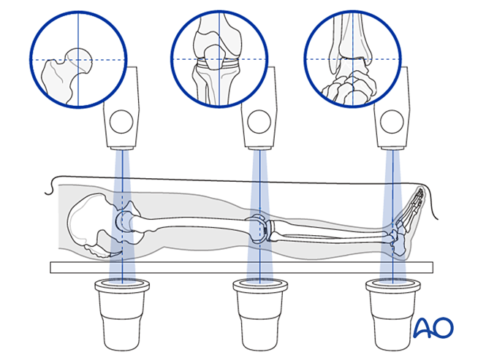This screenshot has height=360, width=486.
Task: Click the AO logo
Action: tap(434, 329)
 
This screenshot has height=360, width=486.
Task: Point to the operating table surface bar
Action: tap(241, 268)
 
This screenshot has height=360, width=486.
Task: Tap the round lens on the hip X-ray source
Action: tap(122, 118)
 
